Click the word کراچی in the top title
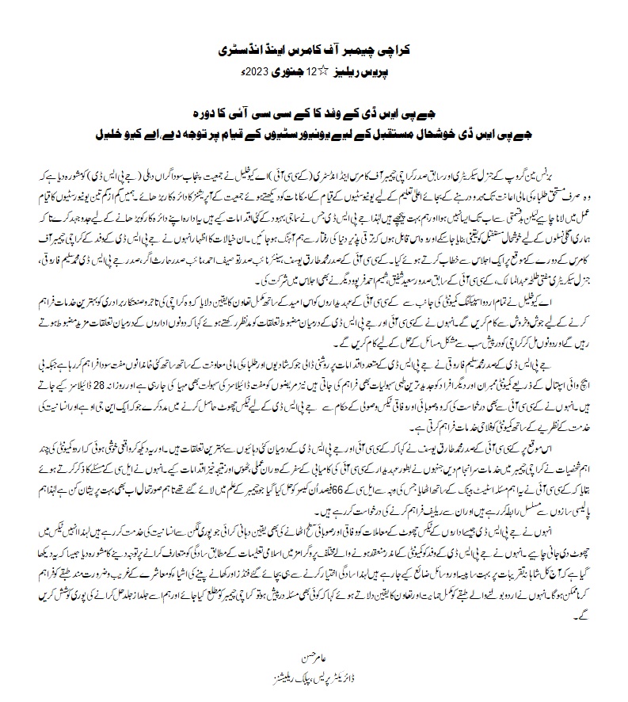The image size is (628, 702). tap(396, 50)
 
